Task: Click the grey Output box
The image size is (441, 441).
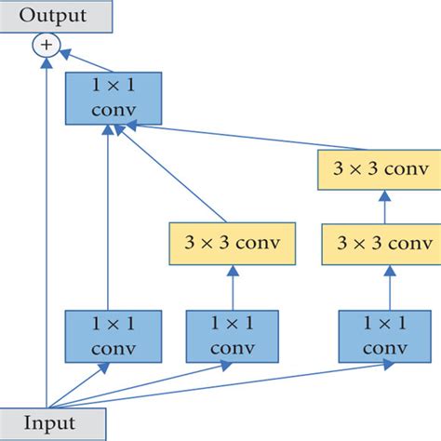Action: pos(53,15)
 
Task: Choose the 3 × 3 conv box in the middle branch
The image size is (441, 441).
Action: pos(233,245)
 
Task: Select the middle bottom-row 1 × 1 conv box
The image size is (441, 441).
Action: pos(223,336)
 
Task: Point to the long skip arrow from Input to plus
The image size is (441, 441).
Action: pos(45,233)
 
